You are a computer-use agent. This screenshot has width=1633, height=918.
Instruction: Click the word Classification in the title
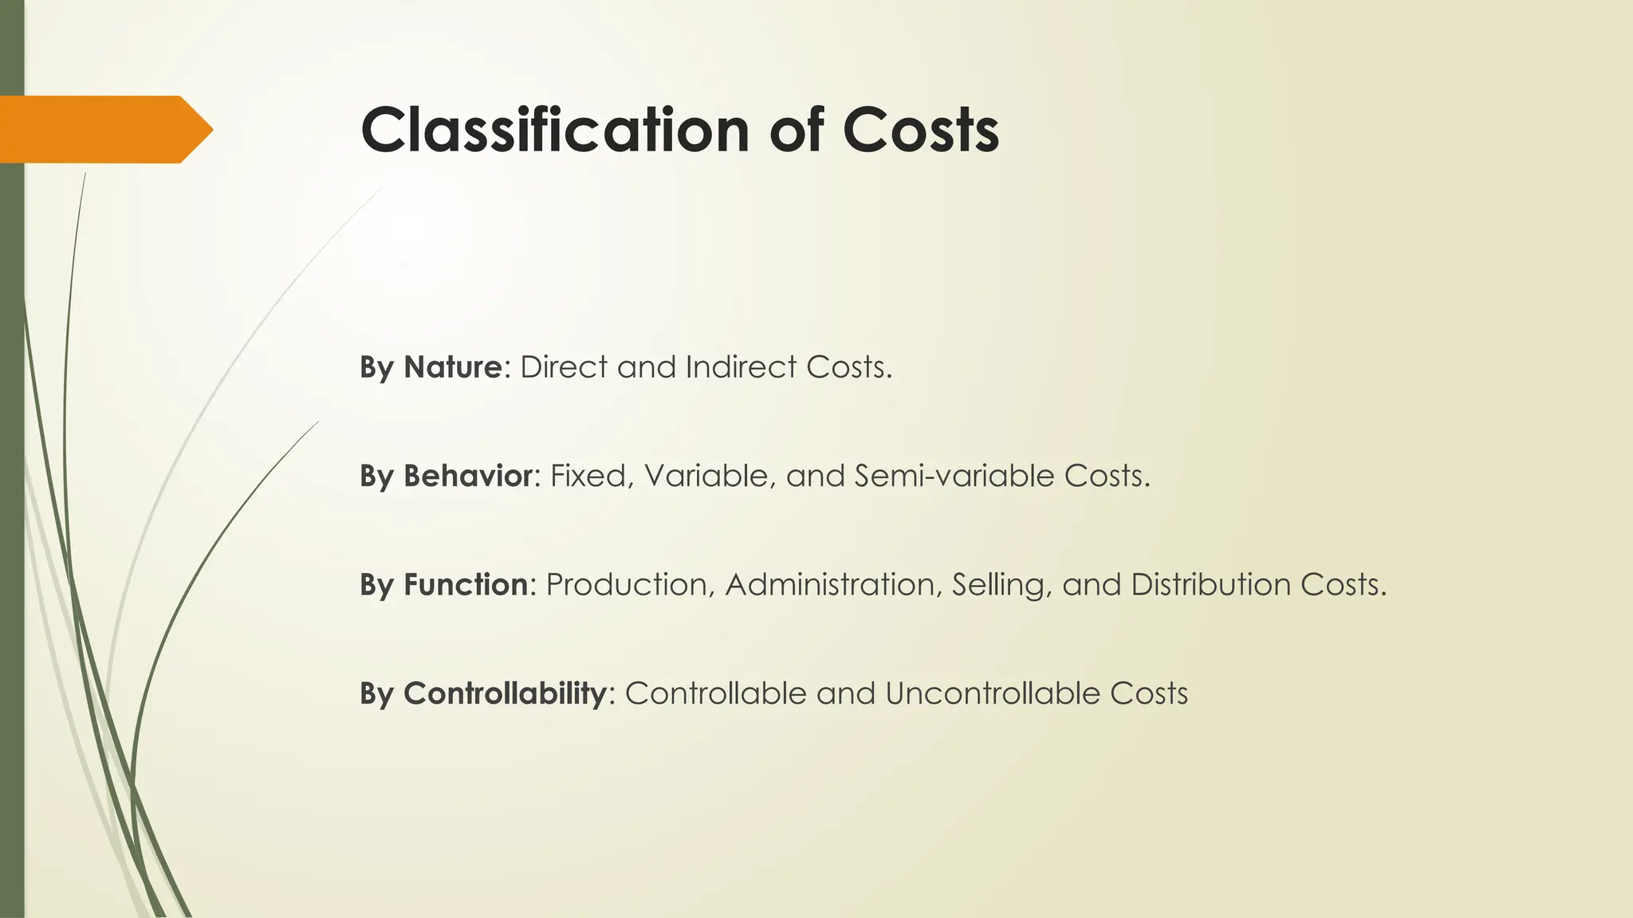(x=555, y=130)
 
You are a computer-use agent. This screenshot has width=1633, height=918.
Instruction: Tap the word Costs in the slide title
(x=920, y=130)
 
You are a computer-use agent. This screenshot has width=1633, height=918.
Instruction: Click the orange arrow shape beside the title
(x=104, y=129)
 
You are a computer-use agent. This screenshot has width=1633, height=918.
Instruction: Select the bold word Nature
(x=452, y=367)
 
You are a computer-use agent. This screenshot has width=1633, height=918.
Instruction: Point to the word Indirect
(x=741, y=367)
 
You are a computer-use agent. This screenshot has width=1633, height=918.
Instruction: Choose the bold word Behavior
(x=467, y=477)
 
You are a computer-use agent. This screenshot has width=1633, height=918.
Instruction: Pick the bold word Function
(x=466, y=585)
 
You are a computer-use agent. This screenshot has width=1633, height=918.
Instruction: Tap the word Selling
(x=998, y=585)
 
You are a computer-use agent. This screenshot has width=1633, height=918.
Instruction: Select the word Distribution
(x=1210, y=585)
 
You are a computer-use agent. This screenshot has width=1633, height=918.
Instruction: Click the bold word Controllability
(x=505, y=694)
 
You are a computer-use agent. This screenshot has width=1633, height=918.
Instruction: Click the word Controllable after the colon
(x=715, y=694)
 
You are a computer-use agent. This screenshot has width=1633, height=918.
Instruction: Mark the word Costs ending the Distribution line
(x=1343, y=585)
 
